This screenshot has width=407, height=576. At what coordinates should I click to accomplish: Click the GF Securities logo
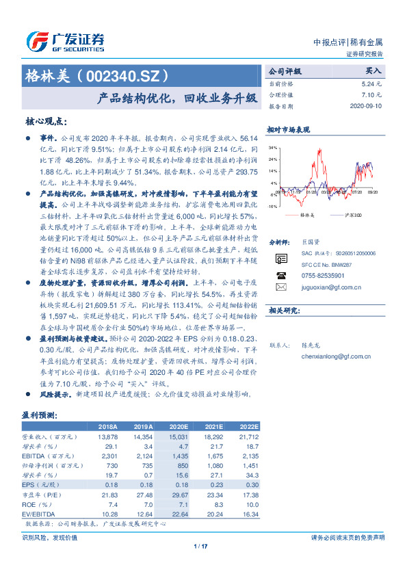(64, 41)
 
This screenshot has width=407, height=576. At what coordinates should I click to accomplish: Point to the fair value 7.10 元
(372, 95)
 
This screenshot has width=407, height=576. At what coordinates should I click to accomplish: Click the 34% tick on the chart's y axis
(272, 147)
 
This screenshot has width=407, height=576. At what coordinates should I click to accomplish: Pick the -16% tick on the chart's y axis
(272, 206)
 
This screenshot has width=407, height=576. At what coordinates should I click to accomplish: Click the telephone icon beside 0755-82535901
(281, 275)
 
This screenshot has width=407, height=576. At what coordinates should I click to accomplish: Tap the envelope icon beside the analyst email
(281, 287)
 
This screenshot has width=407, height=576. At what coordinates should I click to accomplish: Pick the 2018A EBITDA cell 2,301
(109, 455)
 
